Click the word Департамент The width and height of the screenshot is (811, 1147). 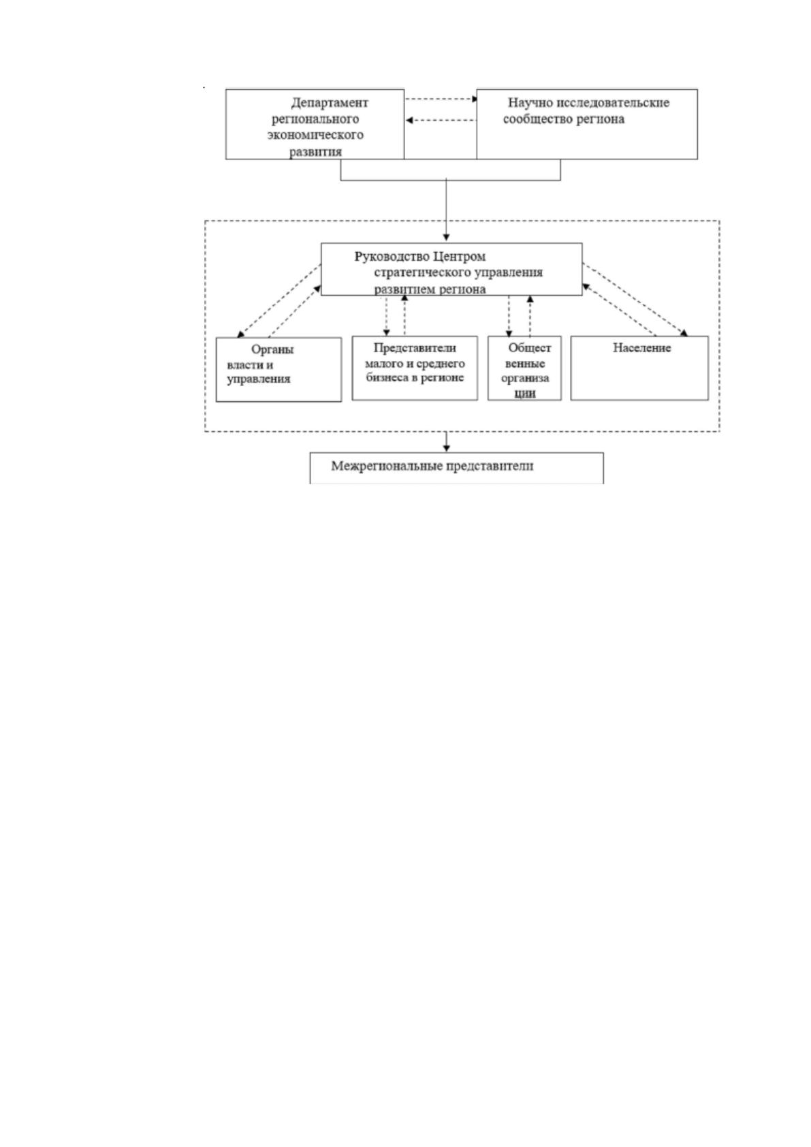[x=330, y=103]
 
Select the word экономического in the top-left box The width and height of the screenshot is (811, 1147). [x=315, y=135]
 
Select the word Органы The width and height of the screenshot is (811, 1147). [x=272, y=350]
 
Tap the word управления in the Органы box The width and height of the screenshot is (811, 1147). [x=259, y=379]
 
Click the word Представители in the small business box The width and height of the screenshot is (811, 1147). [x=415, y=348]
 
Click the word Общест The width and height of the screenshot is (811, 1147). [x=529, y=348]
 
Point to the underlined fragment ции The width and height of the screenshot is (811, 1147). [x=525, y=393]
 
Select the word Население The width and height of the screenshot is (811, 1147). [x=641, y=348]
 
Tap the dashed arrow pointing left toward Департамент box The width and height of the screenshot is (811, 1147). [x=441, y=121]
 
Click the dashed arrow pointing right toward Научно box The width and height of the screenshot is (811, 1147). [x=441, y=99]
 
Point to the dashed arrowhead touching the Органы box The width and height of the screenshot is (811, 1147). [x=240, y=334]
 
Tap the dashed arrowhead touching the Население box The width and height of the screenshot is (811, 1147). [x=684, y=333]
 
